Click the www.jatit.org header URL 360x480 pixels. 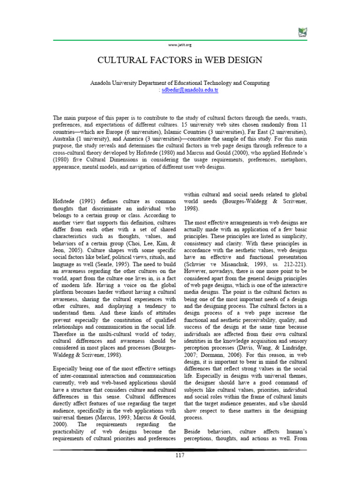pyautogui.click(x=180, y=45)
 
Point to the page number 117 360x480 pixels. pyautogui.click(x=180, y=456)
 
